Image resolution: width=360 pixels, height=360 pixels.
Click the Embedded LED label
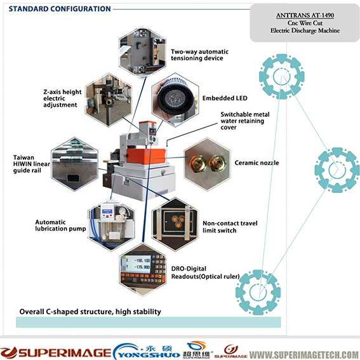tap(225, 98)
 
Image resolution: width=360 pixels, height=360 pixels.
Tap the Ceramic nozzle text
tap(257, 163)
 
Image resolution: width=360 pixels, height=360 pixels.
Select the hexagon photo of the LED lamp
tap(175, 100)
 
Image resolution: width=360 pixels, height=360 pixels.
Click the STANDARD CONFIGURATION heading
tap(60, 9)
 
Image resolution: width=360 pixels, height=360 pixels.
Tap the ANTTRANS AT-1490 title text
tap(305, 15)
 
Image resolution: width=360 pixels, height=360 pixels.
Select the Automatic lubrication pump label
tap(60, 225)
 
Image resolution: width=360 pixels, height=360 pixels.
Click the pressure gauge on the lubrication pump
tap(122, 211)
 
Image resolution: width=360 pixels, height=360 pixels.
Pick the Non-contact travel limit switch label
tap(230, 227)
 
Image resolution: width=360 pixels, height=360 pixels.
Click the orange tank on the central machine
tap(146, 156)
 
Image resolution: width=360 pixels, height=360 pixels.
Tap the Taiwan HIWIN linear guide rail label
tap(32, 164)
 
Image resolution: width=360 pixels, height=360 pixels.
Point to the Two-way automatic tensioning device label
tap(199, 55)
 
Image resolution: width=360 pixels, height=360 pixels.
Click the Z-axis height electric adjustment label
tap(62, 98)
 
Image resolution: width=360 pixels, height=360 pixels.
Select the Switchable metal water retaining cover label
tap(245, 121)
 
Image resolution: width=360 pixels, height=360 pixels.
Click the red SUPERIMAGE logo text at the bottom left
tap(56, 352)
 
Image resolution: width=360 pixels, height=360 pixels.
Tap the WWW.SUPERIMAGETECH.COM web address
tap(304, 354)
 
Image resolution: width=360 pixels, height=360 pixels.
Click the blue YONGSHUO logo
tap(147, 351)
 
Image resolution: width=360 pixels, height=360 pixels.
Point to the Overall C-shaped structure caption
tap(90, 312)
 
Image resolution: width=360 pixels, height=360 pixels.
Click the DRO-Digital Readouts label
tap(206, 272)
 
